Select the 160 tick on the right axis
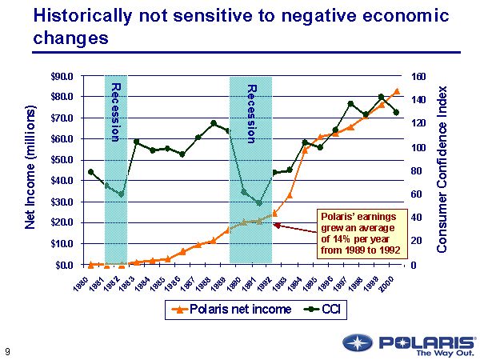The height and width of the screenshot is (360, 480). pos(420,77)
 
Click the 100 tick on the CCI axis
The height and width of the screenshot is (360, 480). pos(420,147)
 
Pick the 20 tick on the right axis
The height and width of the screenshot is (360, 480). pos(418,241)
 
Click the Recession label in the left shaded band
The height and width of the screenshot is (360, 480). pos(115,111)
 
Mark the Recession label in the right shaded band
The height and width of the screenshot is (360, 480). pos(250,113)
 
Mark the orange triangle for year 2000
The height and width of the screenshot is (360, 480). pos(397,91)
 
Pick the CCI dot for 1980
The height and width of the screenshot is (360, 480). pos(91,171)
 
